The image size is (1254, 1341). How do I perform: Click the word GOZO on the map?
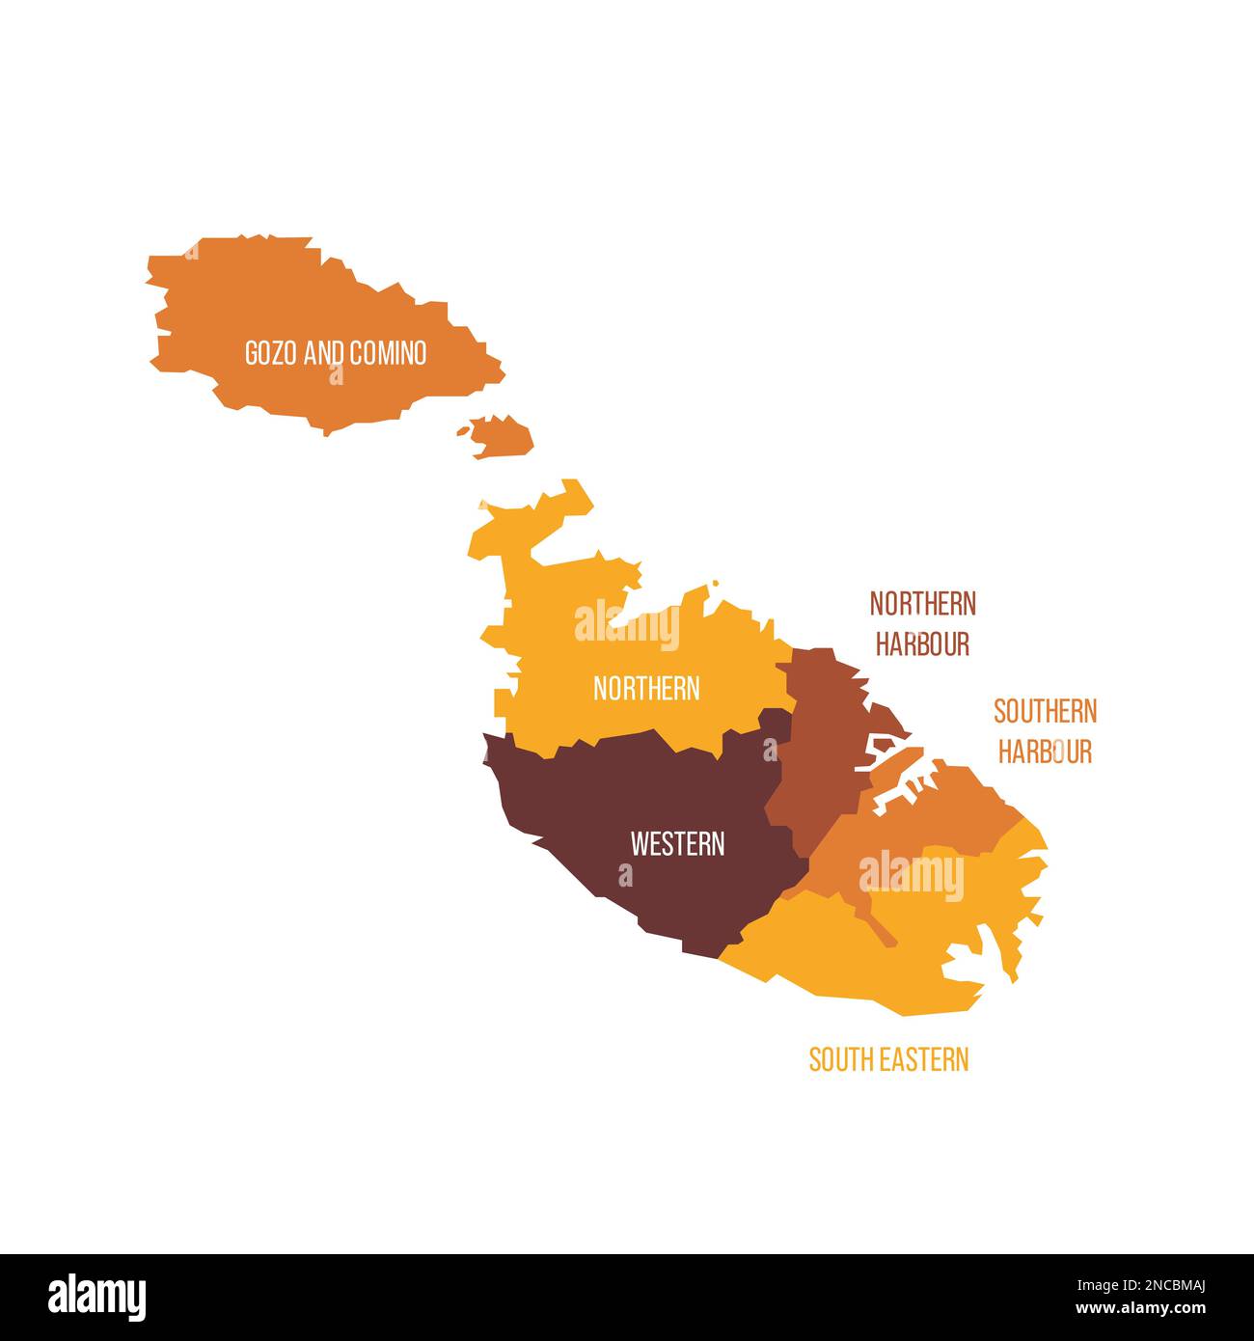(x=271, y=353)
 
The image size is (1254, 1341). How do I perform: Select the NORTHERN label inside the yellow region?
(x=646, y=689)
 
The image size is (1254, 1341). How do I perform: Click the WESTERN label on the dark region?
(x=677, y=844)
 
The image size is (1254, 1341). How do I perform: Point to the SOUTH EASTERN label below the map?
(x=888, y=1059)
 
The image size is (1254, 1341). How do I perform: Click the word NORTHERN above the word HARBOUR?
(x=922, y=604)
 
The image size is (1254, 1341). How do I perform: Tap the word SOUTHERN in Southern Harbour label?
(x=1045, y=712)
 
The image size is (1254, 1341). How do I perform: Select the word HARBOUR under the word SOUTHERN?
(x=1045, y=752)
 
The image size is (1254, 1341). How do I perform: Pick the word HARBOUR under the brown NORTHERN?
(x=922, y=643)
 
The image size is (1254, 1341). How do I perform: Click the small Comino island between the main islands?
(x=502, y=436)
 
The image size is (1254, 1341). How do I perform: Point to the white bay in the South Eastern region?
(x=974, y=955)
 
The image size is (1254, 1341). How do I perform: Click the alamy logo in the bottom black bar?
(x=96, y=1297)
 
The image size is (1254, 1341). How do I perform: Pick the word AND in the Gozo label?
(x=324, y=353)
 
